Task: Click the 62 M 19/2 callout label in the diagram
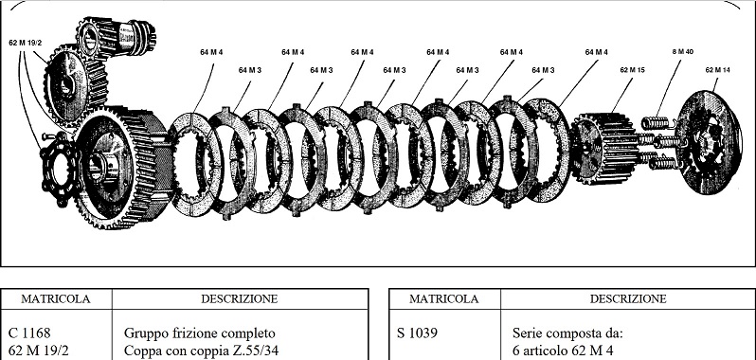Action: [26, 43]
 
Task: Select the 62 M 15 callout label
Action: [632, 70]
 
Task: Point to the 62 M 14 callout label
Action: [719, 70]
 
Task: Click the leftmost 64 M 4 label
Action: [211, 52]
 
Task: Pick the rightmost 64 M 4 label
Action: [597, 52]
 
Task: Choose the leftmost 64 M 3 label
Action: [249, 70]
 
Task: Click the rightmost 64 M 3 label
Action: [543, 70]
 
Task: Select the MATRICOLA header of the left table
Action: [56, 298]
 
